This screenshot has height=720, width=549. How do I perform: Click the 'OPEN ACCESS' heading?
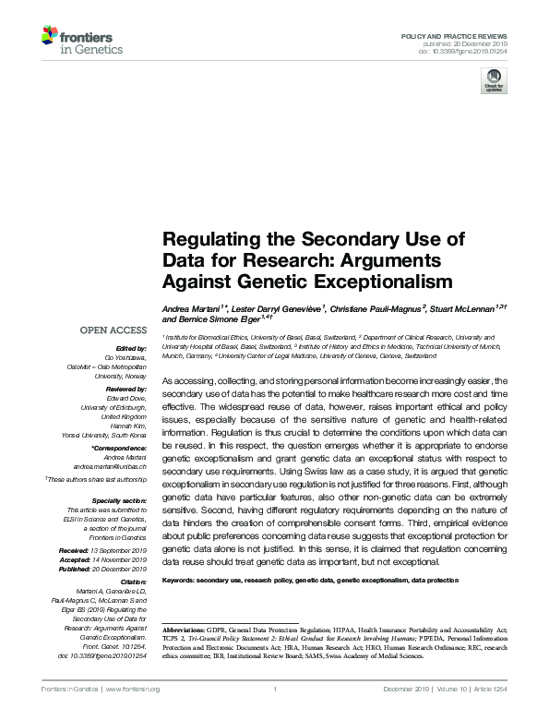coord(113,330)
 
